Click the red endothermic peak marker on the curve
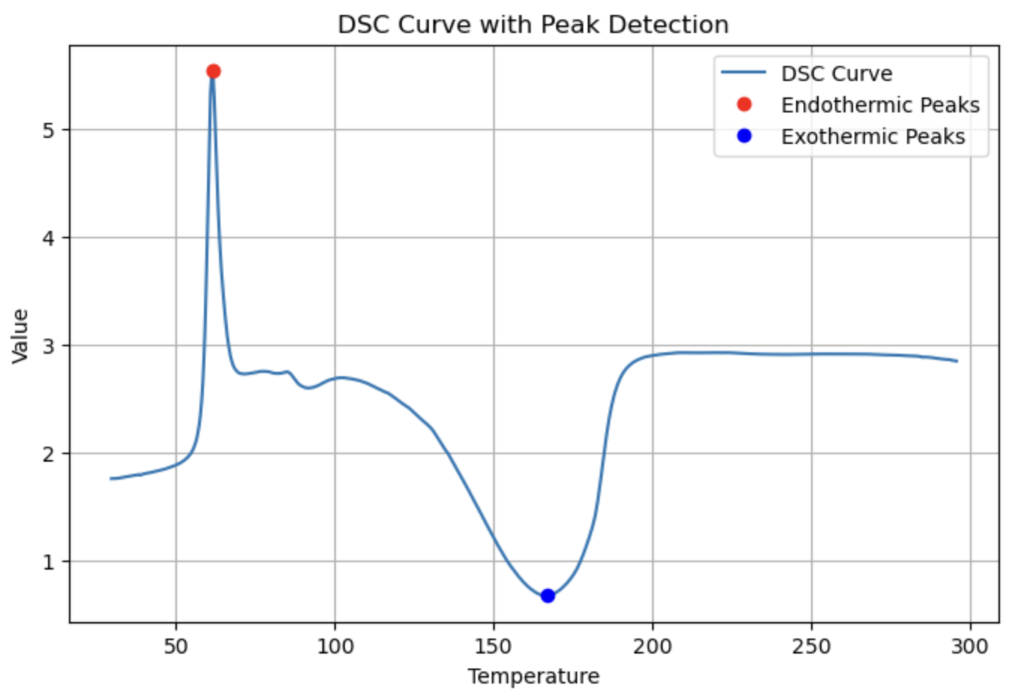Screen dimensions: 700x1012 coord(213,71)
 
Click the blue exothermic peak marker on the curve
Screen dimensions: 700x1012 coord(547,596)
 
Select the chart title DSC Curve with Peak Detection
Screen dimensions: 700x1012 coord(533,25)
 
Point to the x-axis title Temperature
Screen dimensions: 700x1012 coord(533,676)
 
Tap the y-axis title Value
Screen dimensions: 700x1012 coord(20,335)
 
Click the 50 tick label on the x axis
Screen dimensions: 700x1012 coord(176,646)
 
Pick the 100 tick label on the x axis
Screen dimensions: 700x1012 coord(334,646)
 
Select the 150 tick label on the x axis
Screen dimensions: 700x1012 coord(493,646)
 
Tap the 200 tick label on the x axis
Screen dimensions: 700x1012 coord(652,646)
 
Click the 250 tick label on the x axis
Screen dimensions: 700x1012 coord(811,646)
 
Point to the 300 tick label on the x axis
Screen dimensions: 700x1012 coord(970,646)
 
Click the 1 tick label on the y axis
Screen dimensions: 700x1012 coord(49,562)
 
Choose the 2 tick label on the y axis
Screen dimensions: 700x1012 coord(49,454)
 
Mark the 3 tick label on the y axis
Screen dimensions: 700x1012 coord(49,346)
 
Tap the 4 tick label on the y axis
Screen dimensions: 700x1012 coord(49,238)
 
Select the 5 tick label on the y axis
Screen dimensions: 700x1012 coord(49,130)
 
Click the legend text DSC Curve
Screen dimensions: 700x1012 coord(837,73)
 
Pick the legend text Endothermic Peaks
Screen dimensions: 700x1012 coord(880,105)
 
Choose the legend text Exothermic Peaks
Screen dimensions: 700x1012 coord(873,136)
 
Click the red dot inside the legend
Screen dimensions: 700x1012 coord(744,104)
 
